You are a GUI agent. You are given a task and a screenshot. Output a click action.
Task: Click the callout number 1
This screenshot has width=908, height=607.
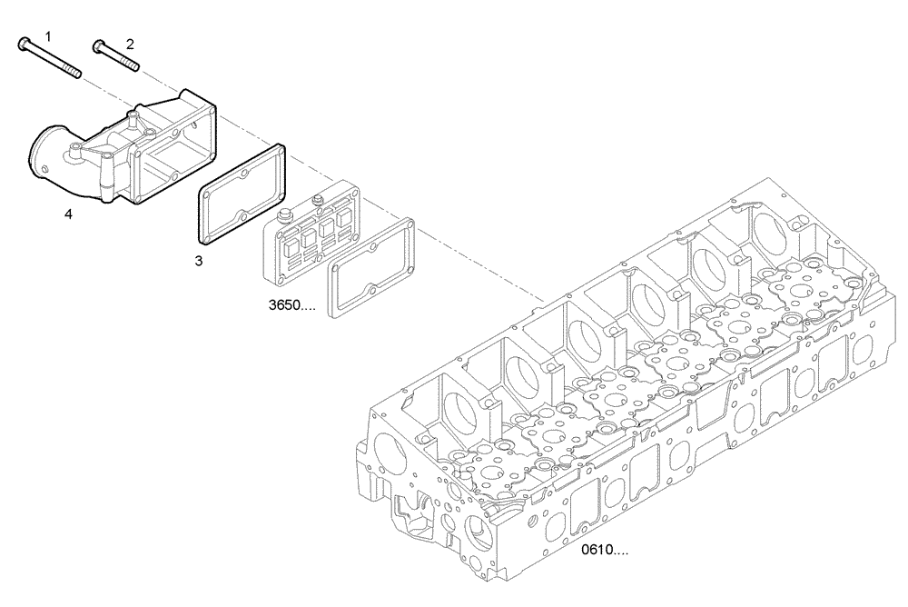[x=48, y=35]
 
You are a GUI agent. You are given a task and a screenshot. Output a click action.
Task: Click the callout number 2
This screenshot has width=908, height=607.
[x=129, y=43]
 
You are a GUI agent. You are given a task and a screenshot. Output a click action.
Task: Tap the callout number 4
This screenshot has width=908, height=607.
[x=68, y=214]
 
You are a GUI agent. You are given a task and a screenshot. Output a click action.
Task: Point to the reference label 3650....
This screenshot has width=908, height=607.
[x=291, y=306]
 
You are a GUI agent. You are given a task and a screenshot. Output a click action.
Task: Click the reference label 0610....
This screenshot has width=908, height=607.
[x=604, y=550]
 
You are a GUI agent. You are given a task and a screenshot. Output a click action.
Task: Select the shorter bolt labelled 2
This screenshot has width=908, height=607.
[x=116, y=55]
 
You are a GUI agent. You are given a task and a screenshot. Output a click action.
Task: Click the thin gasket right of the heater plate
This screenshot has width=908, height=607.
[x=371, y=269]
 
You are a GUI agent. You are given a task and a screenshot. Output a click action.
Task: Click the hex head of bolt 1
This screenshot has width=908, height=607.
[x=22, y=43]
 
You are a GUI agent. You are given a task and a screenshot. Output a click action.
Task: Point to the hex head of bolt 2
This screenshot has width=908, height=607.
[x=95, y=43]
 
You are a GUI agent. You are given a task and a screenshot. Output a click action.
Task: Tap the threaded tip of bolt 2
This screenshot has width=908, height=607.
[x=133, y=65]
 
